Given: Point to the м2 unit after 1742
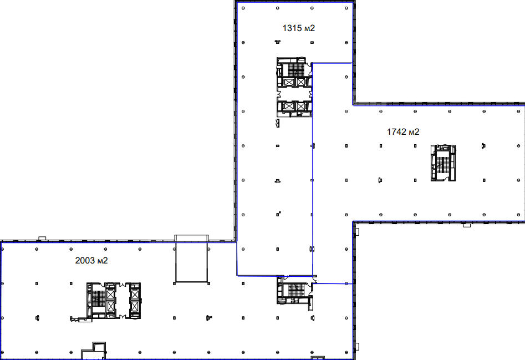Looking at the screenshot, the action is click(414, 132).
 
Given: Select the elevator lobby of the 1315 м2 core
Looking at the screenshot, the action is click(294, 94).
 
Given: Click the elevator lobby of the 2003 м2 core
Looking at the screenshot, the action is click(122, 301).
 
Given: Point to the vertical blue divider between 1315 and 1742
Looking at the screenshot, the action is click(312, 169).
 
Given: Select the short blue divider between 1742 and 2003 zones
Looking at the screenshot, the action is click(334, 283).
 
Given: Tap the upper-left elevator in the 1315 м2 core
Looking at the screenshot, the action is click(288, 82).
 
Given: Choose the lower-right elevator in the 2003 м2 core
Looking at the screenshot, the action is click(135, 306).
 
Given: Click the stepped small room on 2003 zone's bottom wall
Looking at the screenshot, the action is click(94, 351).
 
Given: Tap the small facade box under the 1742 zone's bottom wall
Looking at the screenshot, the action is click(467, 225).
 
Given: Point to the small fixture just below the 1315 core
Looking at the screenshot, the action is click(278, 123).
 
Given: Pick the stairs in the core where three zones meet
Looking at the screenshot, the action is click(296, 290).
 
